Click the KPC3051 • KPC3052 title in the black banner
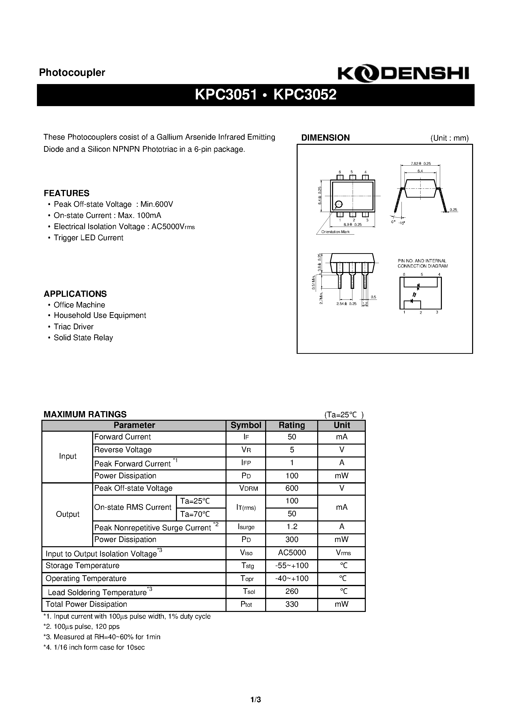tap(265, 94)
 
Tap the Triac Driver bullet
tap(73, 327)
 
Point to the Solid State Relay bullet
tap(83, 337)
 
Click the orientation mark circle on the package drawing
tap(338, 204)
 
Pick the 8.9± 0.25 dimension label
tap(352, 224)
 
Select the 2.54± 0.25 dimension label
tap(346, 303)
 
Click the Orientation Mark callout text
tap(335, 232)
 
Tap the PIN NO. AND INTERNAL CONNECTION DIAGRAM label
tap(422, 263)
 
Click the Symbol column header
tap(246, 425)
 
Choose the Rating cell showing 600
tap(291, 488)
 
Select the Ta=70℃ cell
tap(195, 514)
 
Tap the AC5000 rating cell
tap(292, 553)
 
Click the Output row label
tap(68, 514)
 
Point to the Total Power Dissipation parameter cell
tap(86, 604)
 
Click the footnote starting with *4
tap(94, 647)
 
